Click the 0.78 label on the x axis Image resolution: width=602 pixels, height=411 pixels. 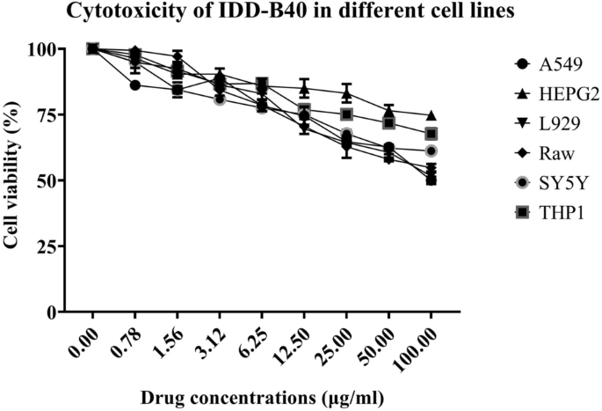(x=127, y=338)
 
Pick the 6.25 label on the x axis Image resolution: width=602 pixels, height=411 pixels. (x=253, y=338)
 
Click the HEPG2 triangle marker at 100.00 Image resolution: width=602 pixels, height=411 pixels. (x=432, y=115)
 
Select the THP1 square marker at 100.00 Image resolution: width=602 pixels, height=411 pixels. (x=432, y=134)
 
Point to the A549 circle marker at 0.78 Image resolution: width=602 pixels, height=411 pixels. (x=134, y=85)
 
